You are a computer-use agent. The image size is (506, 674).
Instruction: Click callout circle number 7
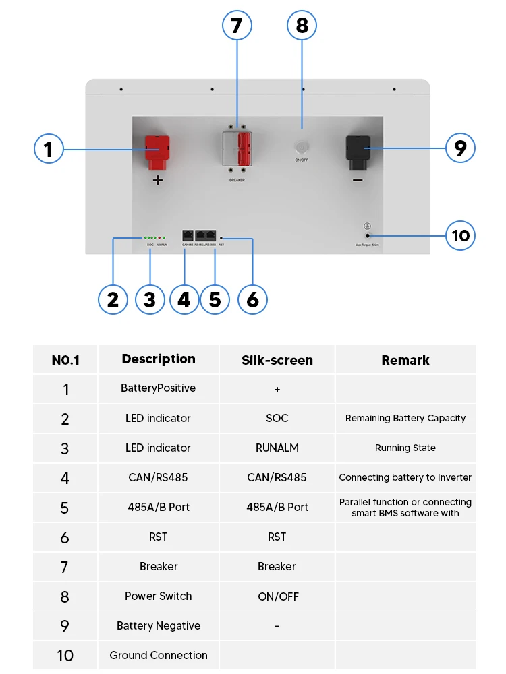click(x=237, y=26)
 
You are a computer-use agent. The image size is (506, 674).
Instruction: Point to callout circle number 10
click(x=461, y=236)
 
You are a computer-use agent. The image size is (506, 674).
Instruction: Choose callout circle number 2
click(x=113, y=299)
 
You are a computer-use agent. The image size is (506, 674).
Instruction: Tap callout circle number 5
click(x=215, y=299)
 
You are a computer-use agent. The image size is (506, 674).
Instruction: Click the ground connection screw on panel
click(x=368, y=235)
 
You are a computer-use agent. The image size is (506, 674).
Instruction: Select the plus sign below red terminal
click(x=158, y=181)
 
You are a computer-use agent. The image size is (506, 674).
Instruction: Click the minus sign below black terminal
click(x=358, y=181)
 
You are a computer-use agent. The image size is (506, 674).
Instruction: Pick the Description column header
click(x=159, y=359)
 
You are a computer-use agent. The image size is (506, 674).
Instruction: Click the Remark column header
click(x=405, y=361)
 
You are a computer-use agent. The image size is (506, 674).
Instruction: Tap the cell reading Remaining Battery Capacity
click(x=405, y=419)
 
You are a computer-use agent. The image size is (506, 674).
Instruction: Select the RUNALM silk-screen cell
click(x=277, y=448)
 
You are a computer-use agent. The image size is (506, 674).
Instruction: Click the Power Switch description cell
click(x=159, y=596)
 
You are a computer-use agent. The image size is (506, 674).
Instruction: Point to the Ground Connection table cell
click(x=159, y=656)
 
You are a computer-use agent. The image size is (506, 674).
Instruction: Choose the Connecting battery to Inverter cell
click(x=405, y=478)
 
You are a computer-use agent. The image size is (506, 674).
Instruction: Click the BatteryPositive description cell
click(x=159, y=388)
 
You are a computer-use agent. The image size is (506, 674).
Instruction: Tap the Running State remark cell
click(x=405, y=448)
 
